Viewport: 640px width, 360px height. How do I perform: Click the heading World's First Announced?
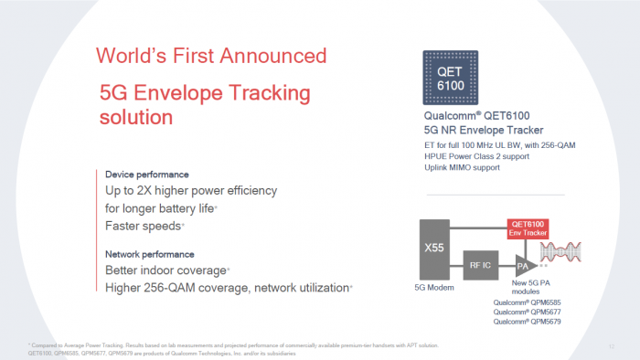[211, 56]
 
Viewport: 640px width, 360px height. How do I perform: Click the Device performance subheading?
[147, 175]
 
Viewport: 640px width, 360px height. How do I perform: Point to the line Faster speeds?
[144, 225]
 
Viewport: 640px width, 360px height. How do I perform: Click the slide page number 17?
[610, 345]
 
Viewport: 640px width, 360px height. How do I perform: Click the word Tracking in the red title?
[266, 93]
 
